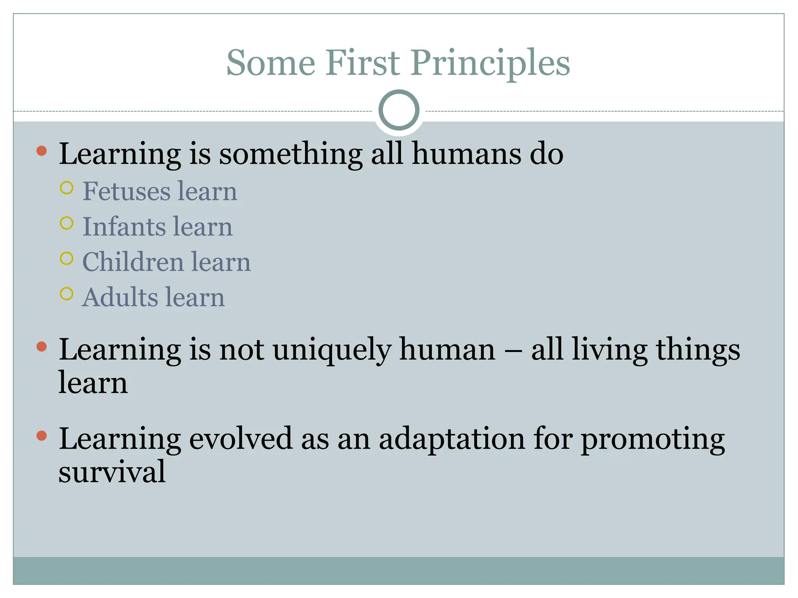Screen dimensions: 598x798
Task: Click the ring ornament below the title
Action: click(399, 110)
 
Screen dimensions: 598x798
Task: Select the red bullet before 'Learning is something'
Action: click(41, 151)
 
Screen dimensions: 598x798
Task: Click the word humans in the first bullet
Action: click(466, 154)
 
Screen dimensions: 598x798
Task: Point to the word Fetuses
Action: click(127, 192)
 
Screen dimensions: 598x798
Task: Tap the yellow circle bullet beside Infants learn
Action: click(67, 223)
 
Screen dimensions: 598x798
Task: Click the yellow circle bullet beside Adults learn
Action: click(67, 294)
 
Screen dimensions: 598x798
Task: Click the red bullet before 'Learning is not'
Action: click(41, 346)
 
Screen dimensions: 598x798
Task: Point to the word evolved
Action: click(240, 439)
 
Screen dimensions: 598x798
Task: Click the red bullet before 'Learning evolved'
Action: click(41, 436)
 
